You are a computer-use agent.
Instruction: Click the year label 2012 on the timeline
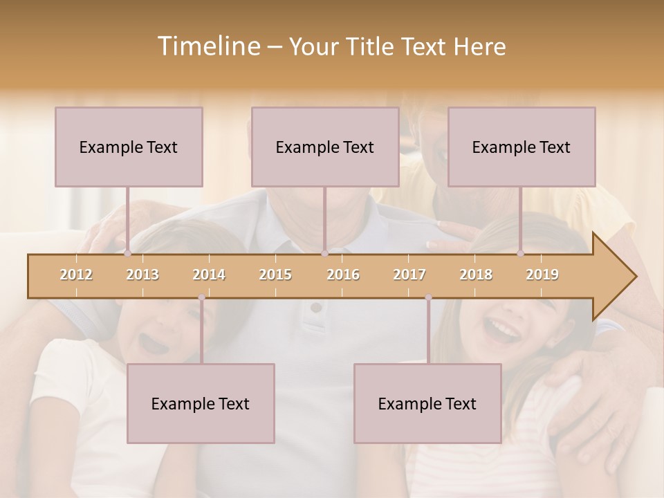click(76, 275)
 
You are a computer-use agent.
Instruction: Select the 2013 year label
click(142, 275)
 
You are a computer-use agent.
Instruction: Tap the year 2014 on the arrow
click(209, 275)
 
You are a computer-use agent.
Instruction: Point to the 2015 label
click(275, 275)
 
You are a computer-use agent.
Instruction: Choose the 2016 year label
click(343, 275)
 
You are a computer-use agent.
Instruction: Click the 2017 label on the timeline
click(409, 275)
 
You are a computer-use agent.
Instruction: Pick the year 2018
click(476, 275)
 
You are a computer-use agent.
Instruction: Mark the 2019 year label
click(542, 275)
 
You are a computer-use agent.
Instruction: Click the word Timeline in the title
click(207, 46)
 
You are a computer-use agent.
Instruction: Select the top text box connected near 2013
click(129, 147)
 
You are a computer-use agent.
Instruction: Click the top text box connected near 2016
click(325, 147)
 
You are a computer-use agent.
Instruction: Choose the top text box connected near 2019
click(522, 147)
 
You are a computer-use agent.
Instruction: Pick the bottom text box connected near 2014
click(201, 403)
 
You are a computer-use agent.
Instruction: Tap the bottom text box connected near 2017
click(427, 403)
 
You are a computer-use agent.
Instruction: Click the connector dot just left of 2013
click(127, 254)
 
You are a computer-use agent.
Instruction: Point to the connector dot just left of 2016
click(324, 254)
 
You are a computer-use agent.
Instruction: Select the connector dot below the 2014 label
click(201, 297)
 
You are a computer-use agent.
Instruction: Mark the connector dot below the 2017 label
click(428, 297)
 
